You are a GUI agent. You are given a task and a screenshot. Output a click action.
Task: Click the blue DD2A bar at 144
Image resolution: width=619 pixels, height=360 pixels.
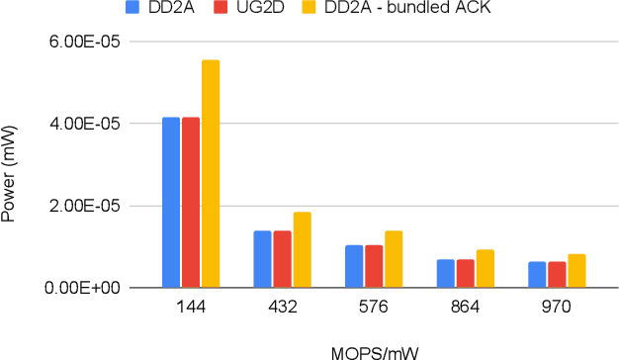tap(171, 203)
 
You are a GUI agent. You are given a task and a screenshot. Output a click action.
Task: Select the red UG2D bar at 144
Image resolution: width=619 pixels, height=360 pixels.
tap(191, 203)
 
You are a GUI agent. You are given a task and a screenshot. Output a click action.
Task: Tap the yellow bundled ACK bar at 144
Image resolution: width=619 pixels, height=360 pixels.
tap(211, 174)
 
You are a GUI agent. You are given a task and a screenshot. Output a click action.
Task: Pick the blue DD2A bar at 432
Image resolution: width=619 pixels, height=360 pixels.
tap(262, 259)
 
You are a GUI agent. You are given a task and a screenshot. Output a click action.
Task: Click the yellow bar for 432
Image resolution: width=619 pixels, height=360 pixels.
tap(302, 250)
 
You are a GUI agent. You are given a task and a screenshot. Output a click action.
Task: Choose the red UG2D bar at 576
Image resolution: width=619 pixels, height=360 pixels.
tap(373, 266)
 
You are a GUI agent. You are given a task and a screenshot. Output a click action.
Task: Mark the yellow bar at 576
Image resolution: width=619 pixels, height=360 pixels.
tap(393, 259)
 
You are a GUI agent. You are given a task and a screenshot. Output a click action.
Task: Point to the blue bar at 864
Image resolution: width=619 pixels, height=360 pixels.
tap(445, 274)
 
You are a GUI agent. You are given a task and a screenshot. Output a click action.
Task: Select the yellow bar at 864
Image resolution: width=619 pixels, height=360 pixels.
tap(485, 269)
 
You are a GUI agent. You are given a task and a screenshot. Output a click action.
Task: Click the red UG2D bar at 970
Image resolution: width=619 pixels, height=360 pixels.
tap(556, 275)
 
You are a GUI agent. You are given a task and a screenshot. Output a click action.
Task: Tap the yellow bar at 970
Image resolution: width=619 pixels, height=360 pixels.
tap(575, 271)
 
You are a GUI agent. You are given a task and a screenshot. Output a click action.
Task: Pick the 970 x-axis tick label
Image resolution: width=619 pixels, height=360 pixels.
tap(556, 308)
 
